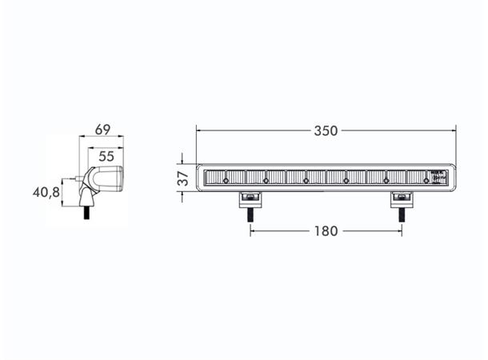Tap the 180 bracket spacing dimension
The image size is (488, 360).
pyautogui.click(x=326, y=231)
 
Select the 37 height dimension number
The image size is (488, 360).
pyautogui.click(x=182, y=178)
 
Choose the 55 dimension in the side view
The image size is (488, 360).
pyautogui.click(x=106, y=156)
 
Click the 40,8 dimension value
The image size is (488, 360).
pyautogui.click(x=46, y=192)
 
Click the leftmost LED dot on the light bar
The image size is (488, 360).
pyautogui.click(x=226, y=182)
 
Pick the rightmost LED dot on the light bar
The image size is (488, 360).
pyautogui.click(x=426, y=182)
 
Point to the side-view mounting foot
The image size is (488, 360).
pyautogui.click(x=86, y=194)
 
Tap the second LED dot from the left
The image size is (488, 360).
pyautogui.click(x=266, y=182)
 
